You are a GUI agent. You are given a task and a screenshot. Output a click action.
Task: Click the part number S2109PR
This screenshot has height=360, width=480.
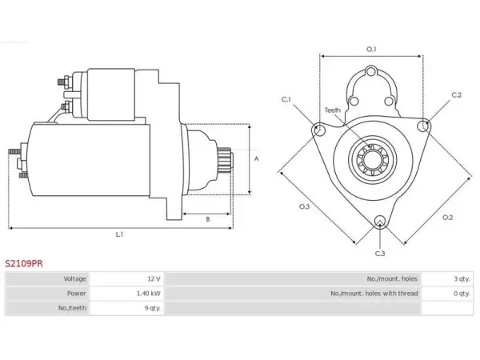[24, 263]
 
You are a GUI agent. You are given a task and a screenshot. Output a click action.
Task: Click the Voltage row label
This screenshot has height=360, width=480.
[74, 278]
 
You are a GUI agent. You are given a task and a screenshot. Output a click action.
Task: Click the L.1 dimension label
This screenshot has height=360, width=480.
[119, 234]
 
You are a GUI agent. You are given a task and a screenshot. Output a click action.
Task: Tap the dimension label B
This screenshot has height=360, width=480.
[208, 219]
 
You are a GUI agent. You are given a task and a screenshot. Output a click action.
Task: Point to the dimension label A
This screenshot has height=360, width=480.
[257, 158]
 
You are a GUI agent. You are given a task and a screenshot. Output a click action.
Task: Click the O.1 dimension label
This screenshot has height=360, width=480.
[371, 49]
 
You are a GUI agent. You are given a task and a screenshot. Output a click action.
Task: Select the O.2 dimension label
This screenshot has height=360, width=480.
[447, 218]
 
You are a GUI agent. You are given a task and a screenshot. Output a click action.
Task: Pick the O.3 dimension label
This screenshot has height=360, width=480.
[304, 206]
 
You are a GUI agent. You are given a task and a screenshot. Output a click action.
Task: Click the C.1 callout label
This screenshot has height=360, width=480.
[286, 99]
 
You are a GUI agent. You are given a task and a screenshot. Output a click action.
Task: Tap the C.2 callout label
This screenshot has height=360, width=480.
[457, 95]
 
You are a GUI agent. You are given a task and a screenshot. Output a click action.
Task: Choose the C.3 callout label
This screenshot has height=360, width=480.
[380, 254]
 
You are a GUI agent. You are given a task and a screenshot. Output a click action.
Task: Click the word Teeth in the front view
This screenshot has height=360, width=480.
[333, 110]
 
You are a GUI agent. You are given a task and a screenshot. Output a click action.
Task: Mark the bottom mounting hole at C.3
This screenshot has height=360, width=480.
[380, 222]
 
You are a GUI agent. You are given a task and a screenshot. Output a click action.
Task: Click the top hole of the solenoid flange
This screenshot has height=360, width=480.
[371, 72]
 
